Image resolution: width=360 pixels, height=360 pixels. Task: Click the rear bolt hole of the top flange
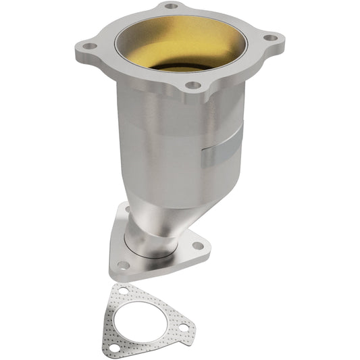(x=172, y=6)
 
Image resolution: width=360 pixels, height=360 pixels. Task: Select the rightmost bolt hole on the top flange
(x=269, y=39)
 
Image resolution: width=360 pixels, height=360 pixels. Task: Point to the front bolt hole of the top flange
(x=192, y=86)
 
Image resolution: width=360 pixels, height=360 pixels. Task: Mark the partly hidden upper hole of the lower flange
(x=126, y=210)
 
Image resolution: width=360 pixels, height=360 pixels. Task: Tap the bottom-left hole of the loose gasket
(x=114, y=347)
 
